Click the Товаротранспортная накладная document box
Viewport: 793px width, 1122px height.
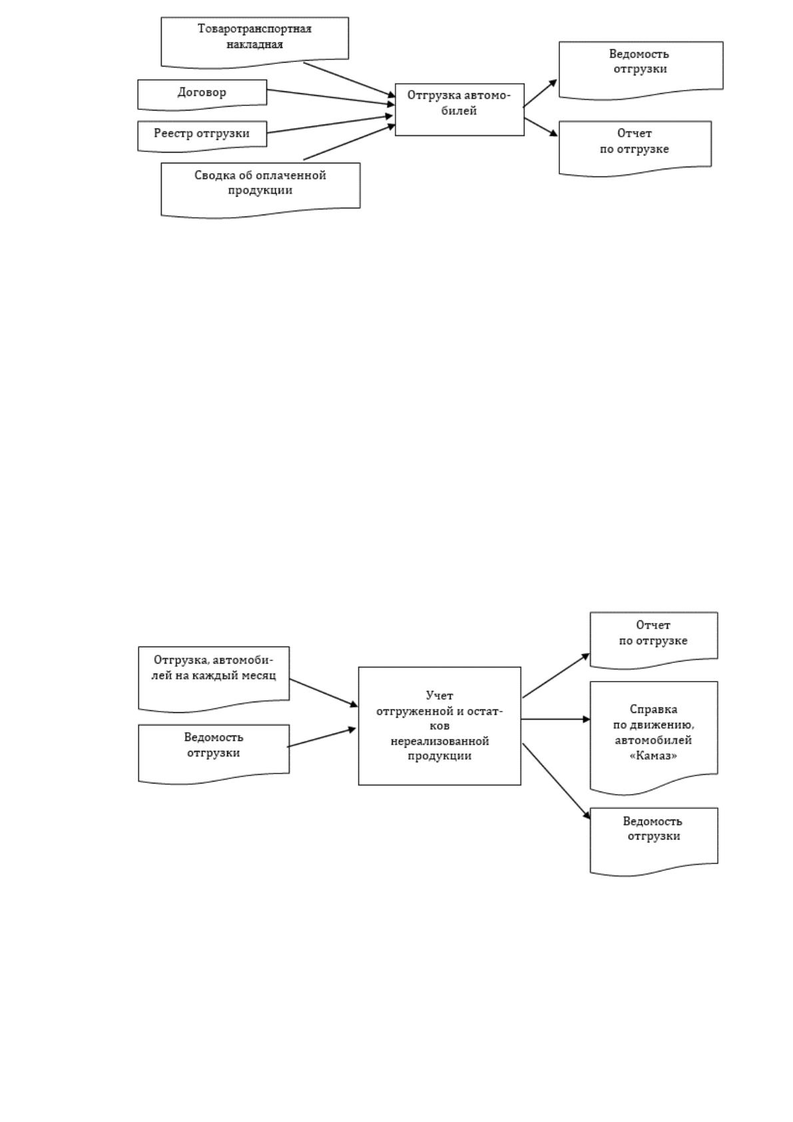coord(254,42)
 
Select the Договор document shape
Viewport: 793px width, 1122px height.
coord(202,94)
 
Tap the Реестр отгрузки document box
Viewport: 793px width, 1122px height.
coord(202,135)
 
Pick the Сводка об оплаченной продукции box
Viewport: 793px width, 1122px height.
coord(260,189)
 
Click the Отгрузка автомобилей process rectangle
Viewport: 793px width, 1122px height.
coord(459,110)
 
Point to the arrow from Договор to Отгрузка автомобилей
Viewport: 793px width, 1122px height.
coord(331,97)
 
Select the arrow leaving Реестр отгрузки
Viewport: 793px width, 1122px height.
coord(330,124)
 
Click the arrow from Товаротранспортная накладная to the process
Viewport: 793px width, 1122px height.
coord(350,79)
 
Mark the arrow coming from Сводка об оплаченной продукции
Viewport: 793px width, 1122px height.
coord(350,142)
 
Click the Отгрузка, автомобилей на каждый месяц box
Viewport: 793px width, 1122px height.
coord(214,679)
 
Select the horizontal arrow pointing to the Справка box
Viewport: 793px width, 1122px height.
coord(556,720)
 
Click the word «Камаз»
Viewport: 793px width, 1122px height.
coord(653,756)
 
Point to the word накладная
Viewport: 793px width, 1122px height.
coord(254,44)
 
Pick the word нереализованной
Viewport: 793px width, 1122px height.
coord(439,740)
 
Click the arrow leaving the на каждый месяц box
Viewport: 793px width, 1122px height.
coord(324,693)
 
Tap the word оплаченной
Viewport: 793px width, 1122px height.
coord(291,175)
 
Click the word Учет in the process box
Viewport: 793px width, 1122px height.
coord(439,695)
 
